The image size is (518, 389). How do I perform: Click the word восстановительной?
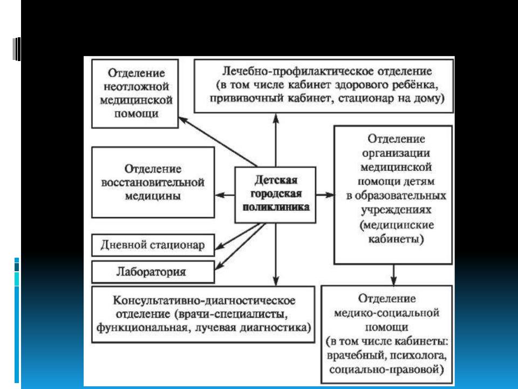tap(153, 183)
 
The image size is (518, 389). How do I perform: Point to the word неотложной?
tap(136, 86)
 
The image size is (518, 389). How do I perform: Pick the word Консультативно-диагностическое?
tap(204, 301)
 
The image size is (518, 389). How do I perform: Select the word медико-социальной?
tap(386, 313)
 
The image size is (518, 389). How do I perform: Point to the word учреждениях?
tap(396, 210)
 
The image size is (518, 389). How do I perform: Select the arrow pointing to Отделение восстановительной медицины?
tap(225, 195)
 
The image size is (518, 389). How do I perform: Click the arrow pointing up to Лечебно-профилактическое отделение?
tap(276, 140)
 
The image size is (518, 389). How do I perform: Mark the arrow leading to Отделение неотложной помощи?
tap(217, 141)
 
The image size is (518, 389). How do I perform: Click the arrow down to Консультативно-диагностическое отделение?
tap(276, 254)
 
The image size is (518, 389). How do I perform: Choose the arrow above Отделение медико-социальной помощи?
tap(393, 275)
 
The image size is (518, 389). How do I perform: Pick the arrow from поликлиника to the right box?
tap(325, 195)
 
